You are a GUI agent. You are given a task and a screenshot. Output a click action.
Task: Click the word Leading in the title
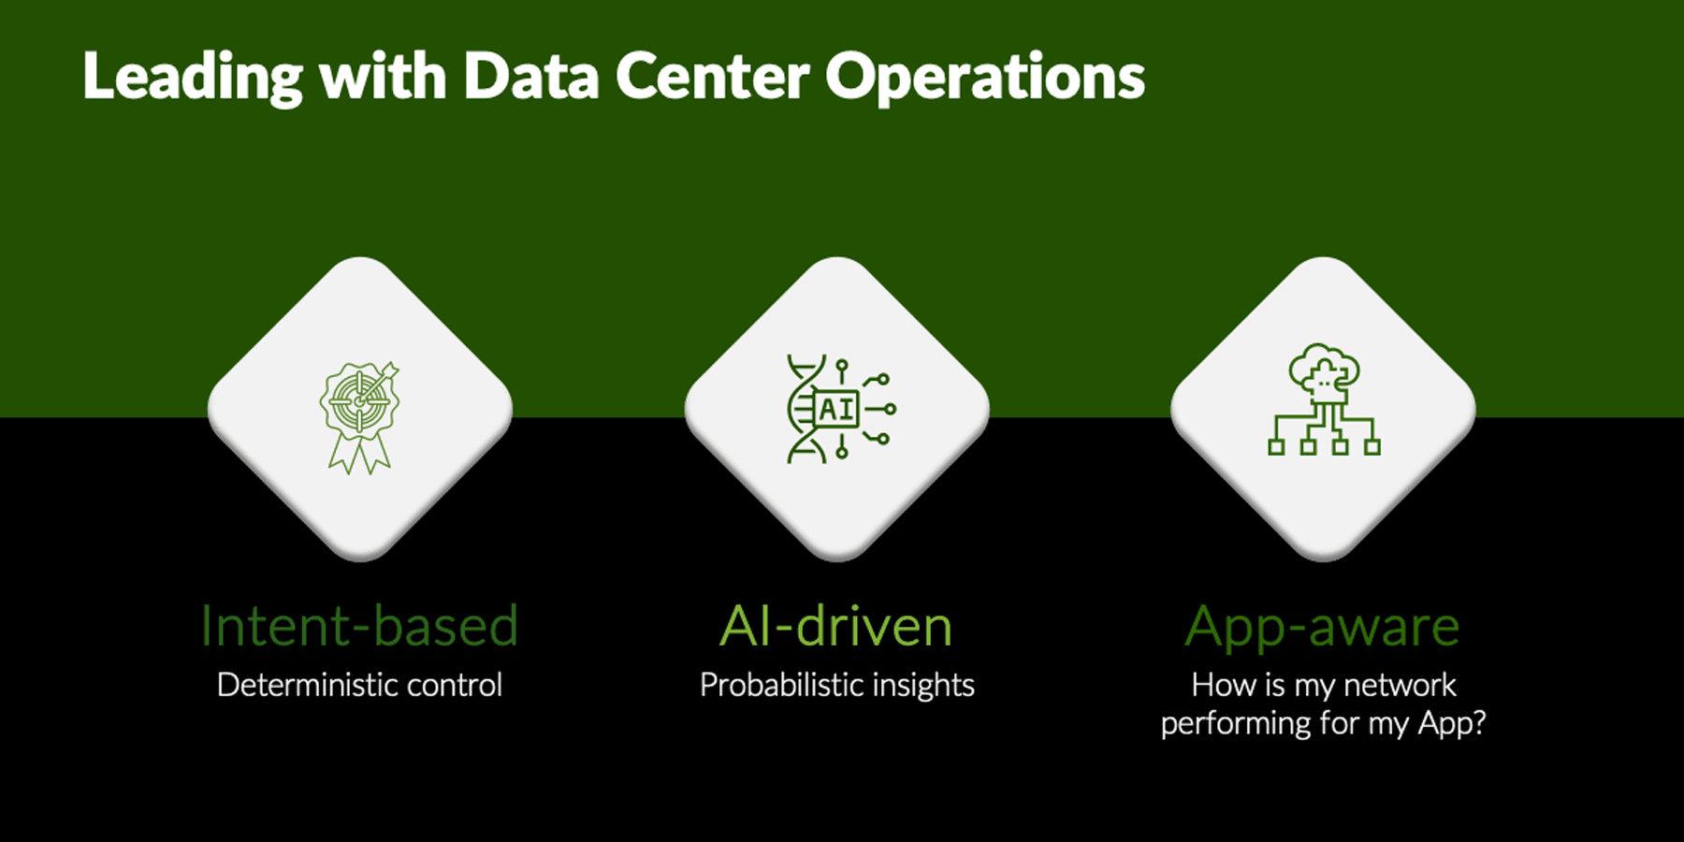[193, 78]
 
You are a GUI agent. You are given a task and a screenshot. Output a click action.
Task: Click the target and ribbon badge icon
[360, 417]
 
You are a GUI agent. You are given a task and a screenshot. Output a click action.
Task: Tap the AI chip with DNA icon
[841, 409]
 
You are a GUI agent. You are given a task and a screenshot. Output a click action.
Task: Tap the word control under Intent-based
[455, 685]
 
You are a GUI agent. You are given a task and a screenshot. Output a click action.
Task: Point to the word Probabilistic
[781, 685]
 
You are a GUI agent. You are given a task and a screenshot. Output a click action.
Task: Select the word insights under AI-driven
[923, 687]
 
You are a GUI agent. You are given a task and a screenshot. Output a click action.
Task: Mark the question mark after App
[1477, 722]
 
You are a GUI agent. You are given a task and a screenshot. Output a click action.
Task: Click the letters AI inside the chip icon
[836, 409]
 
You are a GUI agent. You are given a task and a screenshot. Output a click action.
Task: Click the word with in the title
[384, 76]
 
